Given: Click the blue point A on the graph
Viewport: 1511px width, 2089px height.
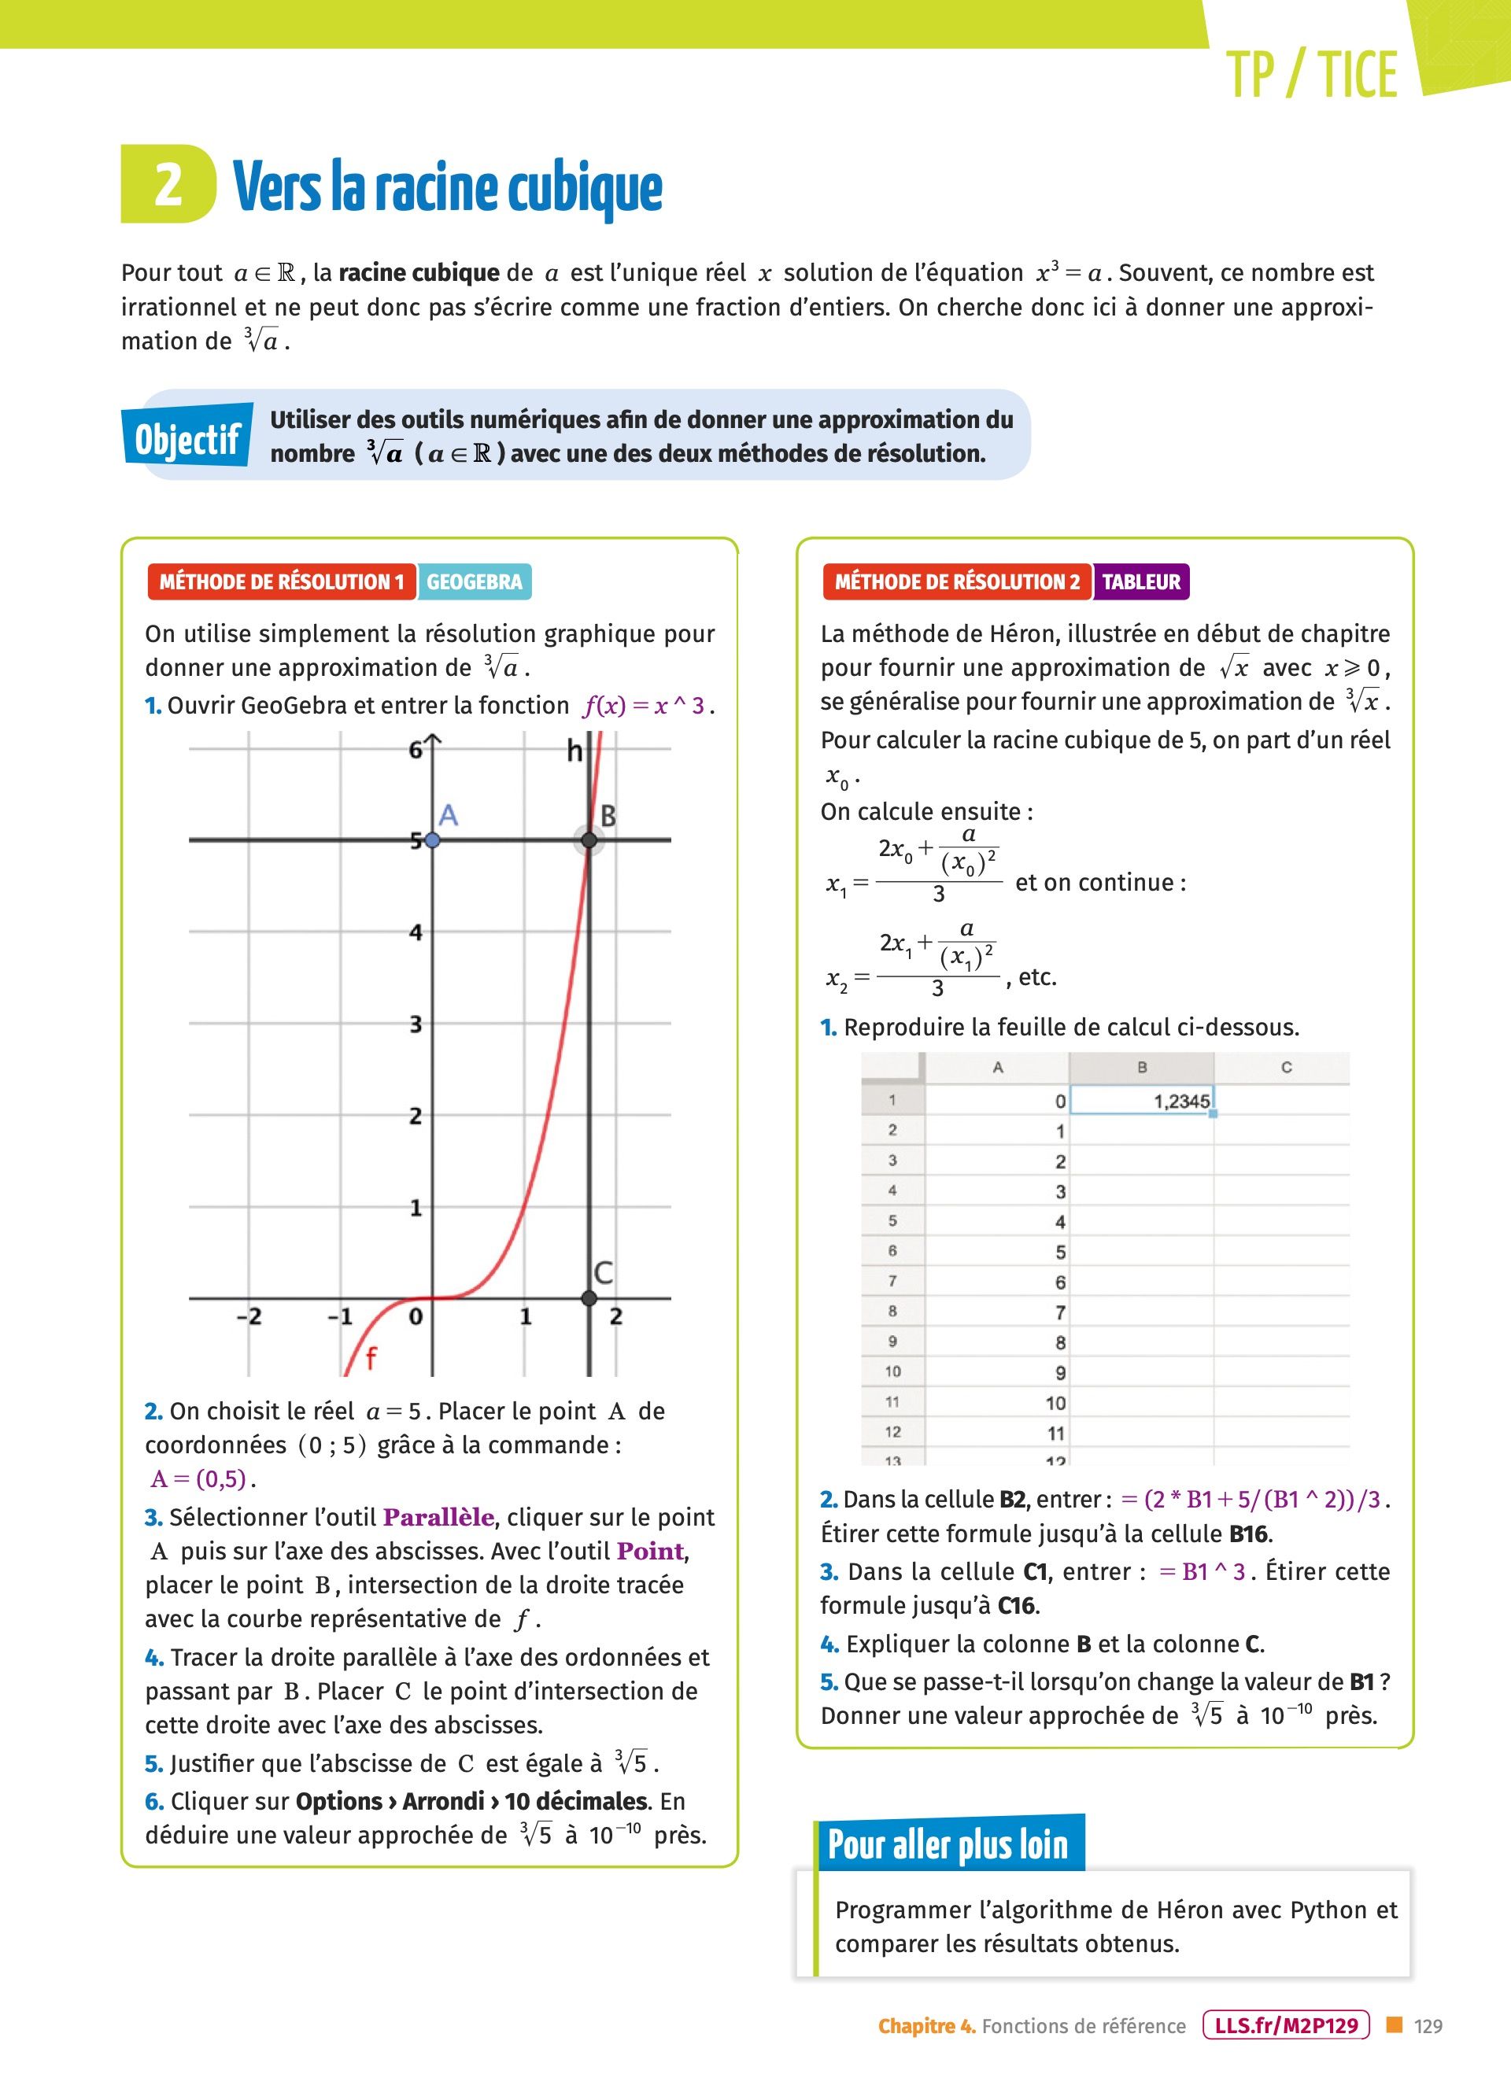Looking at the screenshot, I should [432, 840].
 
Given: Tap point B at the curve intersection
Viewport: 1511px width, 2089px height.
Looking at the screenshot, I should [589, 840].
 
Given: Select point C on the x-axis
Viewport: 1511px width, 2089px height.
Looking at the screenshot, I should [589, 1297].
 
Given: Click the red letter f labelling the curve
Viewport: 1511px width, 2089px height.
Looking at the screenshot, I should [371, 1358].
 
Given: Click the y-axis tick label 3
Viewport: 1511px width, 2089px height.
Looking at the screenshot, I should [416, 1024].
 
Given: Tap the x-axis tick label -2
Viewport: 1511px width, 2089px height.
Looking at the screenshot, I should [249, 1316].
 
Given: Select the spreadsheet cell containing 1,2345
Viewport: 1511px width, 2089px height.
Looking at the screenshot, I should [1142, 1101].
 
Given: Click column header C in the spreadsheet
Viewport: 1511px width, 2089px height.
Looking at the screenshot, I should [1286, 1068].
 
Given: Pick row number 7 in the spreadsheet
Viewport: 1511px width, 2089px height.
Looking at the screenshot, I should [892, 1281].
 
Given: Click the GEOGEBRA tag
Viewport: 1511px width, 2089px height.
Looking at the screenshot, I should [475, 582].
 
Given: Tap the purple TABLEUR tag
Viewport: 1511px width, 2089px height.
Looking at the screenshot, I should [1140, 582].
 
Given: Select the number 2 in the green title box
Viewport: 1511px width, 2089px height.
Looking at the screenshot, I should [168, 184].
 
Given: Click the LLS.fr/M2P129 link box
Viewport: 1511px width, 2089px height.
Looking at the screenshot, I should [1286, 2025].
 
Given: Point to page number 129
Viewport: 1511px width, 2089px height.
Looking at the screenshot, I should [1428, 2026].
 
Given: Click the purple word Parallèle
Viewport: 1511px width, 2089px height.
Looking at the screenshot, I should [438, 1517].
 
